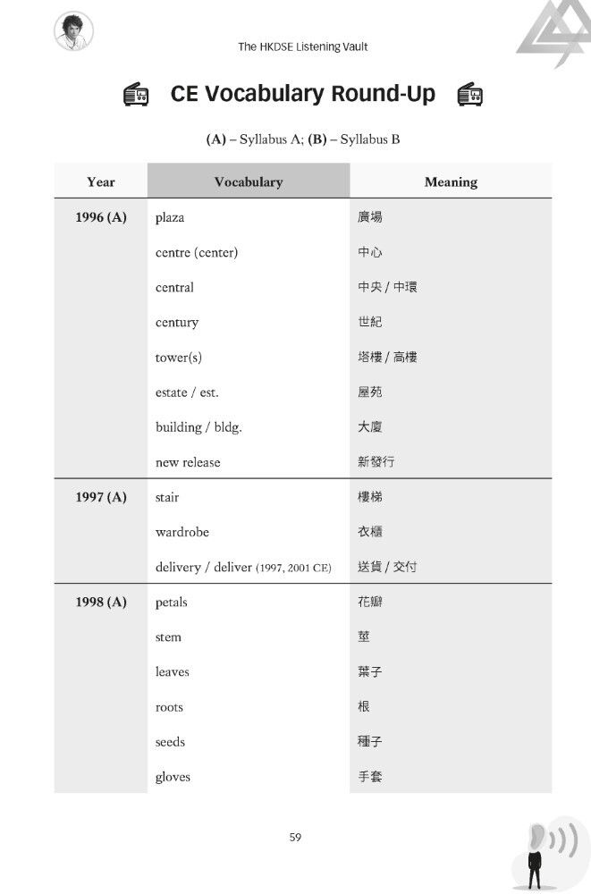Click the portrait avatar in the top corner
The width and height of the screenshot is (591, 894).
(x=73, y=32)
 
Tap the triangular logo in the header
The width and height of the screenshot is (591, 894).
(x=553, y=34)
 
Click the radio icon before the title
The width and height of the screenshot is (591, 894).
(x=137, y=95)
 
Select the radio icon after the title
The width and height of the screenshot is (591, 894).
(x=469, y=95)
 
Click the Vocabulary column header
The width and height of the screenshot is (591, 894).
(x=248, y=181)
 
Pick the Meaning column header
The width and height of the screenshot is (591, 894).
(x=451, y=181)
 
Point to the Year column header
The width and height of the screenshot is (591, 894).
(x=101, y=181)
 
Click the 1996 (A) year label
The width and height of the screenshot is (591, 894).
(x=101, y=217)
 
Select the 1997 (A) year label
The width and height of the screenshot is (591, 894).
(x=101, y=497)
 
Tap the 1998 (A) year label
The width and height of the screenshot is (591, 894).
(x=101, y=602)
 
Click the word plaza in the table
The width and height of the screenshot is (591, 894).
(x=170, y=217)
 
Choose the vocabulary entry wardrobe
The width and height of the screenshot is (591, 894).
(x=182, y=532)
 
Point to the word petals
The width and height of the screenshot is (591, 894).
(x=172, y=602)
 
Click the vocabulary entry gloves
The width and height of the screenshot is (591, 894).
(x=173, y=777)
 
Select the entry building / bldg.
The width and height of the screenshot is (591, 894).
(x=198, y=427)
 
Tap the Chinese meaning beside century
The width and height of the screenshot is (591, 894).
(x=370, y=322)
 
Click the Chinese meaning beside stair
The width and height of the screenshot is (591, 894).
(x=370, y=497)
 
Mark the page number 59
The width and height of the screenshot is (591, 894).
(x=296, y=837)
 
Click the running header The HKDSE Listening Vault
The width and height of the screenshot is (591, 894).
(x=302, y=46)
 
